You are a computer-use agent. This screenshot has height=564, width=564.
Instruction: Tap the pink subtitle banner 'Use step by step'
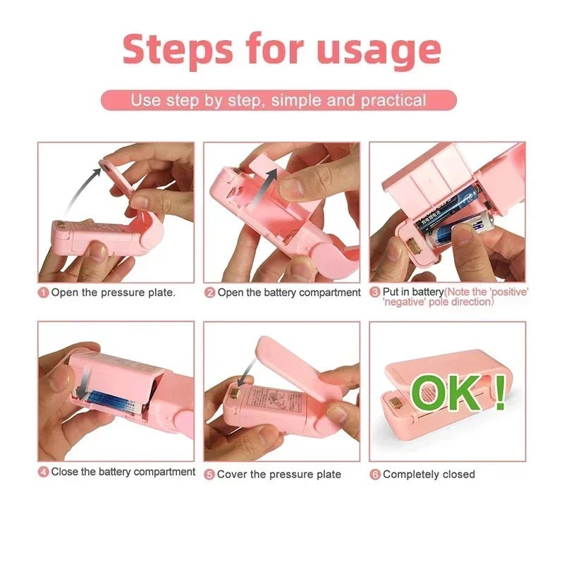[x=278, y=100]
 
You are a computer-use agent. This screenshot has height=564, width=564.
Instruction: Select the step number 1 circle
[x=44, y=293]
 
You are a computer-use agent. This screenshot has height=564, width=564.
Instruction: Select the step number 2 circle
[x=209, y=293]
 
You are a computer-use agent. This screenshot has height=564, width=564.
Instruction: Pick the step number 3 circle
[x=375, y=293]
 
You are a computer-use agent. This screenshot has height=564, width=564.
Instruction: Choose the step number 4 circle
[x=44, y=472]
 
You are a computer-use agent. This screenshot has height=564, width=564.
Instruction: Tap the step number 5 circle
[x=209, y=474]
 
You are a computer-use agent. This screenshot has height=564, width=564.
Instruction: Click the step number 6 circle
[x=375, y=474]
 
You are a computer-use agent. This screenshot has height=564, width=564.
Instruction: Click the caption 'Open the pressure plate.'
[x=113, y=293]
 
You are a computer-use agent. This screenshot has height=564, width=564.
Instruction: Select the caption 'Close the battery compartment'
[x=123, y=472]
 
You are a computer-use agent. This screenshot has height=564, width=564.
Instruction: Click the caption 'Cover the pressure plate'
[x=279, y=474]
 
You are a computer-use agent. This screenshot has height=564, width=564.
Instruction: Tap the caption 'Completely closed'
[x=429, y=474]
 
